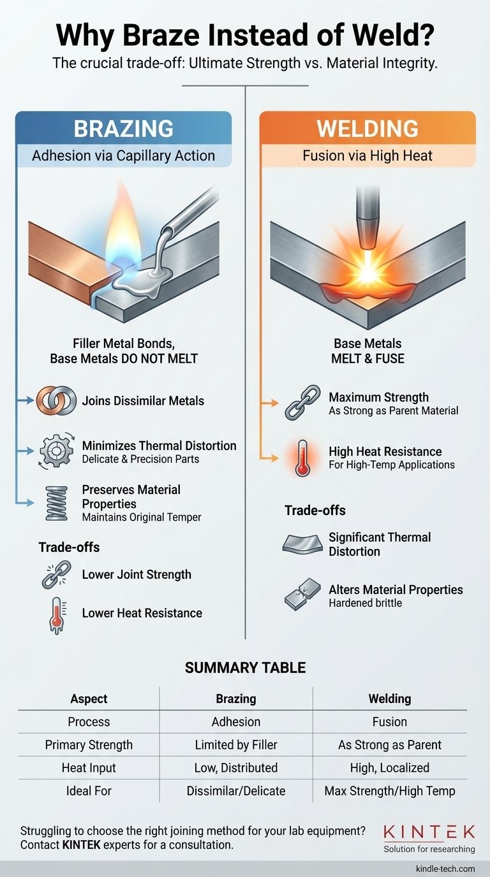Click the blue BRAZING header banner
[123, 128]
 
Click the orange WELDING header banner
[367, 128]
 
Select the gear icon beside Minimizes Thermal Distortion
[56, 452]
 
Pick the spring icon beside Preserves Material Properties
[56, 502]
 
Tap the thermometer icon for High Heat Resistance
[302, 458]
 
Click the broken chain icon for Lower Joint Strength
[56, 574]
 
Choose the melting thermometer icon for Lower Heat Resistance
[56, 614]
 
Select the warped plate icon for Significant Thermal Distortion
[302, 544]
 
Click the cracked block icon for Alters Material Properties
[302, 595]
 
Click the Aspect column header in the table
[89, 699]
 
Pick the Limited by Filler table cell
[236, 744]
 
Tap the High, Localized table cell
[389, 767]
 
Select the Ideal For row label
[89, 791]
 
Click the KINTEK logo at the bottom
[429, 832]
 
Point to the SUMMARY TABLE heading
[245, 668]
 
